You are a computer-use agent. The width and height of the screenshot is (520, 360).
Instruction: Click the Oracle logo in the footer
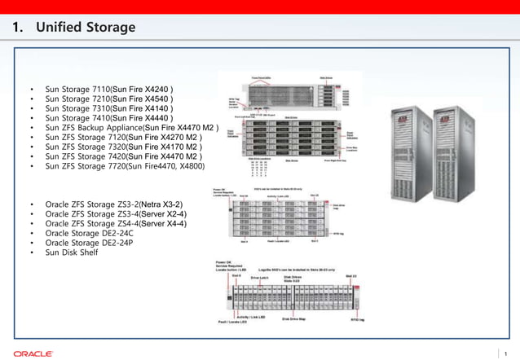[x=33, y=353]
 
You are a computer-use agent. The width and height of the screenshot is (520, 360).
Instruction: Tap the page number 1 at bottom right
[x=506, y=353]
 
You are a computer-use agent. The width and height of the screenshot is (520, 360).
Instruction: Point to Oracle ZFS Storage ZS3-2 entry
[x=114, y=204]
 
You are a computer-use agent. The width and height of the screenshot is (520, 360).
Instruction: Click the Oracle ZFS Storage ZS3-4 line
[x=116, y=213]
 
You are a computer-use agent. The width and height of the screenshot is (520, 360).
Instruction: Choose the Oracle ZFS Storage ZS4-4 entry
[x=116, y=223]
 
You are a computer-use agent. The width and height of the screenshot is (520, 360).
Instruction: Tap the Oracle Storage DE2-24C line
[x=89, y=233]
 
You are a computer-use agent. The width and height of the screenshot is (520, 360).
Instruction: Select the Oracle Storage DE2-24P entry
[x=89, y=243]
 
